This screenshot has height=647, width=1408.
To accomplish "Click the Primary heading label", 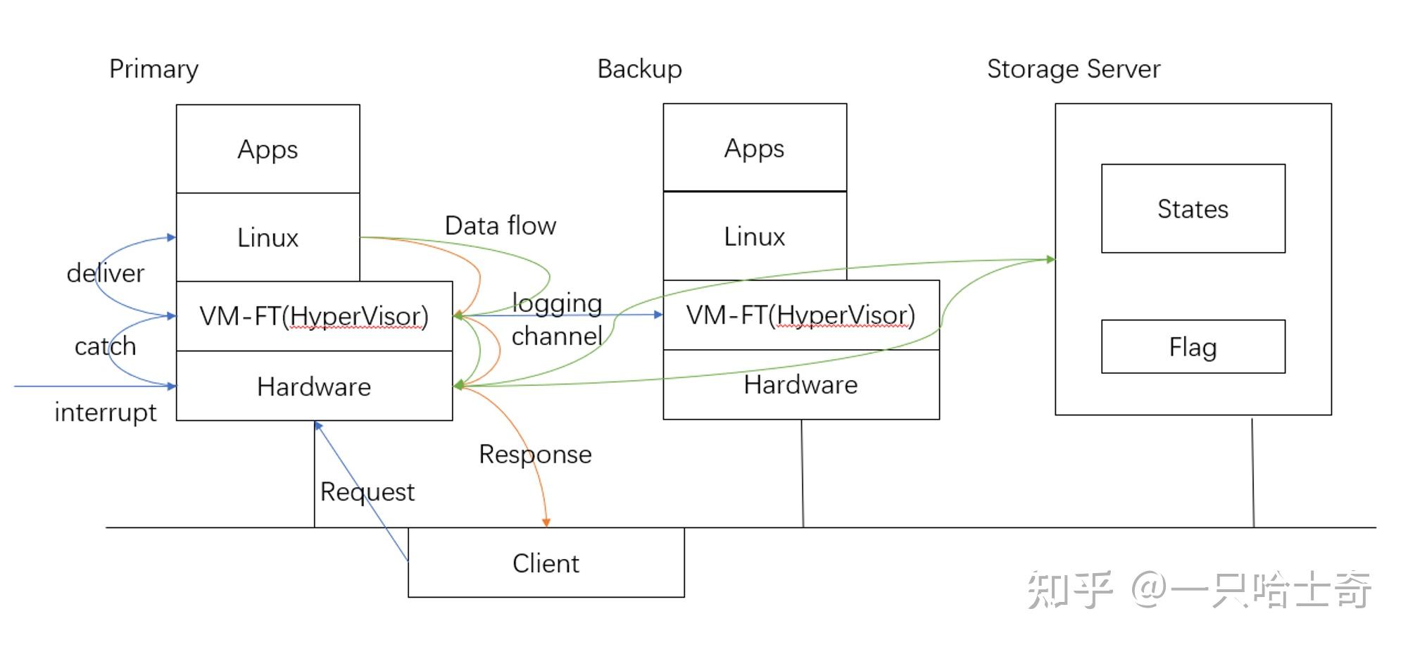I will point(153,69).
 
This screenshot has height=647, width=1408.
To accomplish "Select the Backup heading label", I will point(639,69).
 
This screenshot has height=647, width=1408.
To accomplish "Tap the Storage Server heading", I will point(1073,69).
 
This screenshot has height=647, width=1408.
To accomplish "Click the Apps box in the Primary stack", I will point(268,149).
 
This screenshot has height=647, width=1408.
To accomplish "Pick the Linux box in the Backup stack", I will point(754,237).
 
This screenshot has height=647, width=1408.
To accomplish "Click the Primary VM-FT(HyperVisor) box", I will point(314,316).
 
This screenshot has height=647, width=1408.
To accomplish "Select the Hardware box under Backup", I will point(800,385).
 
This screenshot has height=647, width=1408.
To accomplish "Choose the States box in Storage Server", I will point(1193,209).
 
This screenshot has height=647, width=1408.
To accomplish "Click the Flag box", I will point(1193,347).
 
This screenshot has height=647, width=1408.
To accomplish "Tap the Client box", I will point(546,563).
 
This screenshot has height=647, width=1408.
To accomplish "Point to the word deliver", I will point(106,273).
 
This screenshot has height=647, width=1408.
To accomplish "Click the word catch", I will point(106,346).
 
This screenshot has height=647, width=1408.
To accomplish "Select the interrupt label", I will point(106,413).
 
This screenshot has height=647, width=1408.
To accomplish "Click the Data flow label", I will point(501,226).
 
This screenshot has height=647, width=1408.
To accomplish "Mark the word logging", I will point(557,303).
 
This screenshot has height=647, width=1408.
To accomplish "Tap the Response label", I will point(535,455).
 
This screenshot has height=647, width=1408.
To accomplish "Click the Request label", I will point(367,492).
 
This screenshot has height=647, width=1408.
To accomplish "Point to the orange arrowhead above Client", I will point(546,522).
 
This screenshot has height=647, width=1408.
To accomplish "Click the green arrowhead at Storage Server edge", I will point(1050,260).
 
